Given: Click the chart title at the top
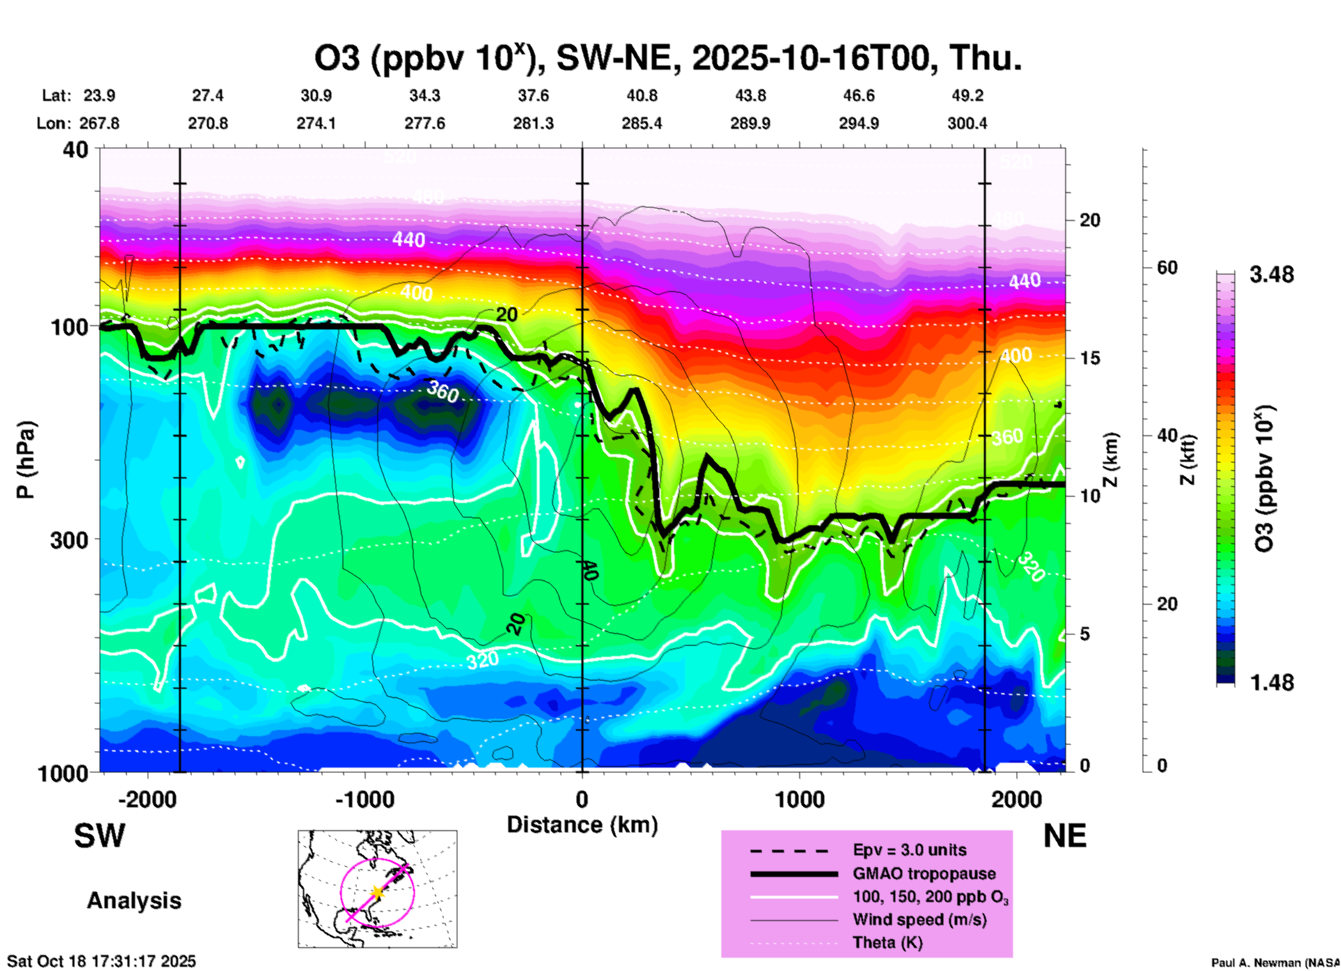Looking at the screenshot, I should click(668, 59).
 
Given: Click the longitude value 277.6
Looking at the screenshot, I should click(425, 123).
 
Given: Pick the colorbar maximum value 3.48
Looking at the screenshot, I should click(1271, 275).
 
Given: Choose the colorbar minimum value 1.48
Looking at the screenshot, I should click(1271, 683).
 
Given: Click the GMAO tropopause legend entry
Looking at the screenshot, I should click(924, 873).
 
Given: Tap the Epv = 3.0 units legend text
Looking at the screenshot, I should click(909, 850).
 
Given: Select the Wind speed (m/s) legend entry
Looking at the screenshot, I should click(919, 920).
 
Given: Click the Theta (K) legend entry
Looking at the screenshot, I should click(887, 943).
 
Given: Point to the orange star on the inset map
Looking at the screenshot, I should click(377, 892).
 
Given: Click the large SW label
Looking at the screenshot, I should click(100, 836).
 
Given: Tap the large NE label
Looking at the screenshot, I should click(1065, 836).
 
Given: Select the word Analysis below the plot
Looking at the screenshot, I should click(134, 901).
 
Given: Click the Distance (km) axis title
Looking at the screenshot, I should click(582, 825).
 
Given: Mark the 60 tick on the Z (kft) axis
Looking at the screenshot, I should click(1167, 267).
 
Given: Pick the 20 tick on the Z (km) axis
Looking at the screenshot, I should click(1090, 220).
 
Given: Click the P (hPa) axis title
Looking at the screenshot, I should click(26, 460).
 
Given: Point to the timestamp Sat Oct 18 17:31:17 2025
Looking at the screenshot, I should click(102, 961).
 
